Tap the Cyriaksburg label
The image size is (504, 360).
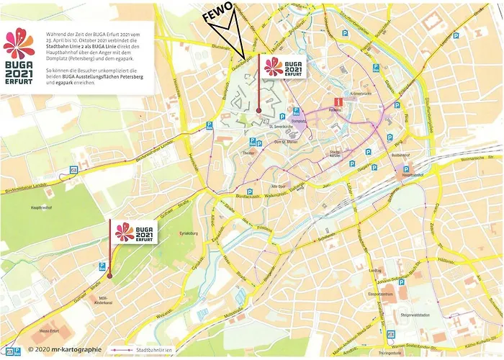[188, 234]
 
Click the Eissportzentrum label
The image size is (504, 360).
[380, 294]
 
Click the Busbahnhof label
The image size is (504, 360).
[400, 155]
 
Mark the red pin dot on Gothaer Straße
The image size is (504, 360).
[109, 276]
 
